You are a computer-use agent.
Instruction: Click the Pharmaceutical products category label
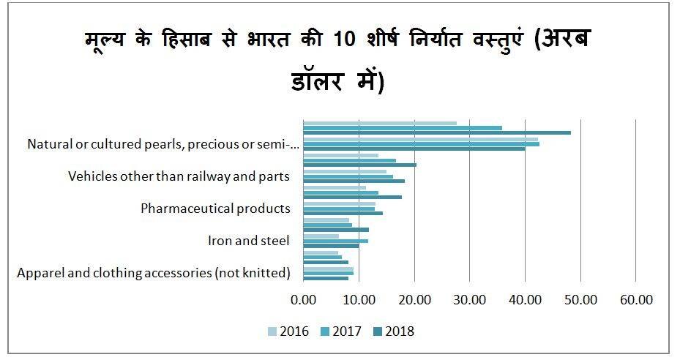coord(215,209)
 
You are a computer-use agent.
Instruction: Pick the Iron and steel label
coord(249,241)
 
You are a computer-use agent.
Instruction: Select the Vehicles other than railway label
coord(179,176)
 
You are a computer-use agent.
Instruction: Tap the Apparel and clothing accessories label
coord(154,273)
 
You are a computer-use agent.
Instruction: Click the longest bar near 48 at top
coord(436,132)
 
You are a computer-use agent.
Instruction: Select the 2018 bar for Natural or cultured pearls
coord(414,149)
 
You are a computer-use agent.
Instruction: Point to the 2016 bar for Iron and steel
coord(321,236)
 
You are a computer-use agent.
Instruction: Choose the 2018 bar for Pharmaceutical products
coord(343,213)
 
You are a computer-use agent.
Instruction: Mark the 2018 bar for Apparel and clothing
coord(326,278)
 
